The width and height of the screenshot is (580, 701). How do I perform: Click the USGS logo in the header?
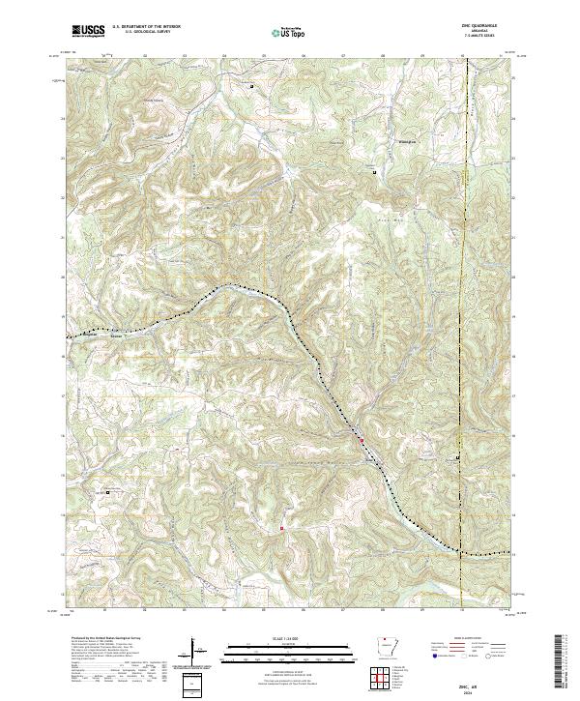[89, 31]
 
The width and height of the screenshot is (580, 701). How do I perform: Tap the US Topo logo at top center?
[288, 32]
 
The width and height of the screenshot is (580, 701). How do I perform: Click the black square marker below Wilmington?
[376, 171]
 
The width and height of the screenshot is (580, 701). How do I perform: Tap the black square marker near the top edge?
[253, 86]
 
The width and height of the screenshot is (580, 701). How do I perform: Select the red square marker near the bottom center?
[281, 528]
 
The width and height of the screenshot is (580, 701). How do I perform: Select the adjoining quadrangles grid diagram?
[385, 681]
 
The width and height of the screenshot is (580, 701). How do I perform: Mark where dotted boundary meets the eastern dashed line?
[462, 553]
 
